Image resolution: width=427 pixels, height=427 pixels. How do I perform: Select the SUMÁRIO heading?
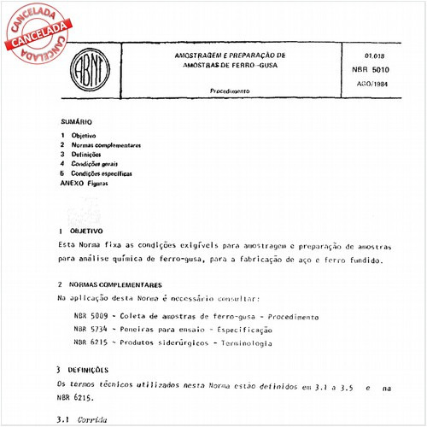(x=76, y=122)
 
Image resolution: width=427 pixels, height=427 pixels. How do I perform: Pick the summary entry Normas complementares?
(x=106, y=145)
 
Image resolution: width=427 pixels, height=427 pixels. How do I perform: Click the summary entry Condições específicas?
(x=102, y=173)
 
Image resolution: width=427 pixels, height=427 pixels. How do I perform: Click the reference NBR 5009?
(x=90, y=316)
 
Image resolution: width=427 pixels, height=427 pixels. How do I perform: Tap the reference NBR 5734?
(x=90, y=329)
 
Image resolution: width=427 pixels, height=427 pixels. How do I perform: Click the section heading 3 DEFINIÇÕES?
(x=84, y=371)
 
